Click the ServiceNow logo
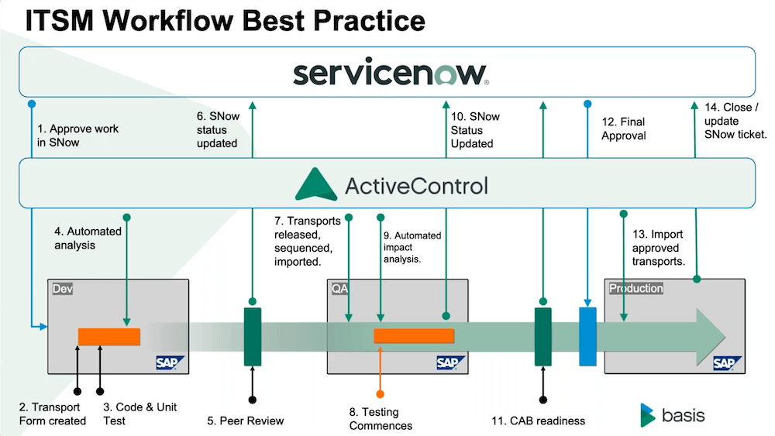(391, 74)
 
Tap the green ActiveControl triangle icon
(316, 184)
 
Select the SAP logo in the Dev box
(170, 363)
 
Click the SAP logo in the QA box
(450, 363)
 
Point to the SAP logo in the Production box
(727, 363)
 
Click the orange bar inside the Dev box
(109, 337)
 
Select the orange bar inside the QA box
(414, 336)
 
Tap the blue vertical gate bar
(587, 336)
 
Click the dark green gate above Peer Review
(253, 337)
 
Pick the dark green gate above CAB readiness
(542, 337)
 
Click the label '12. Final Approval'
(624, 129)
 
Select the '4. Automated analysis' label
(88, 238)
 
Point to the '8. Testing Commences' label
(381, 419)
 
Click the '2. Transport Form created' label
(53, 414)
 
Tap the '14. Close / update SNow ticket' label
(735, 121)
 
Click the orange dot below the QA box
(380, 394)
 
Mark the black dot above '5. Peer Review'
(253, 400)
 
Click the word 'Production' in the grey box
(635, 288)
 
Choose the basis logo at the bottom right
(672, 415)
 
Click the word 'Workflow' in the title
(168, 21)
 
